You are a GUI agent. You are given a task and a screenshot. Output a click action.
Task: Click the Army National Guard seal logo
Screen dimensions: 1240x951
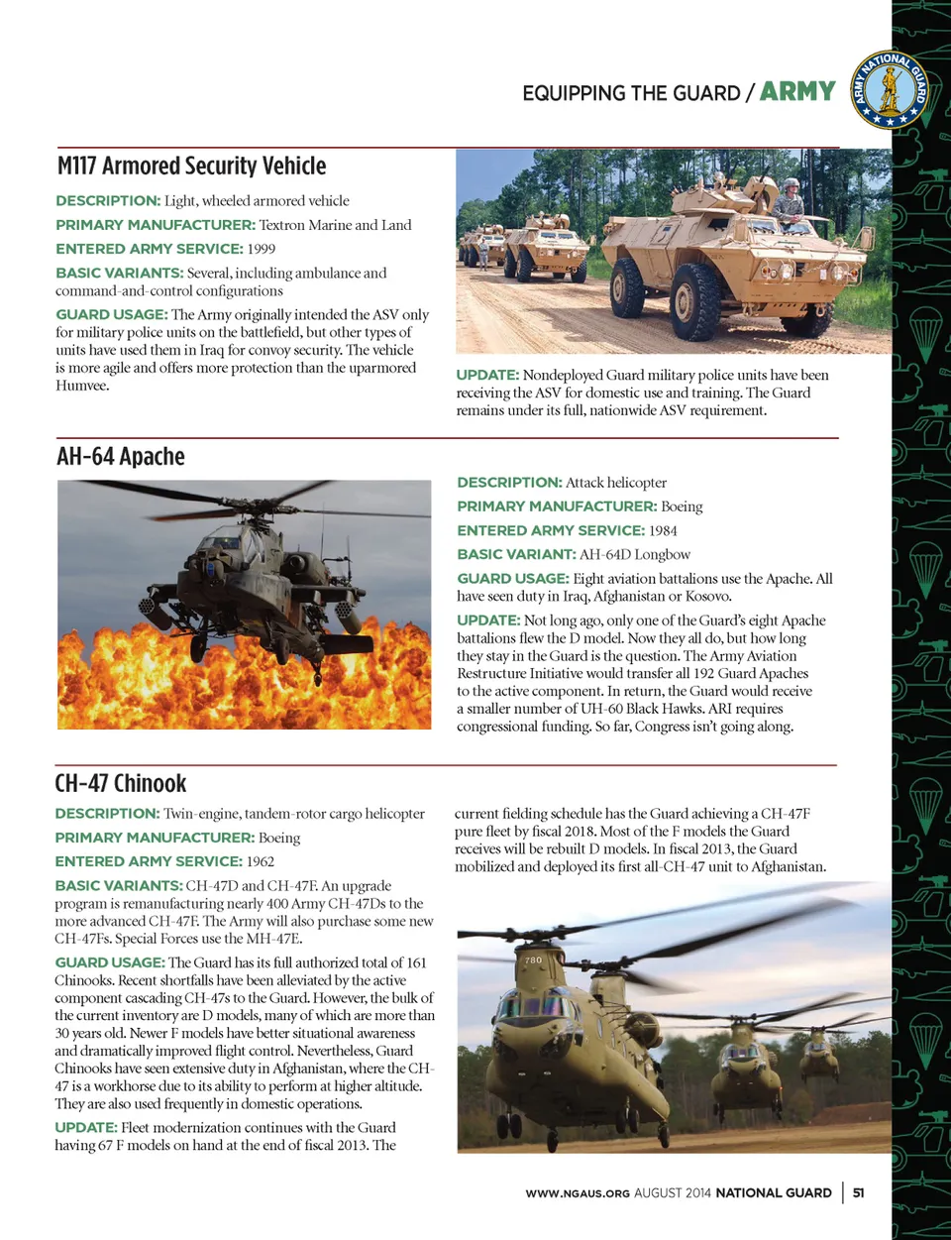pos(890,90)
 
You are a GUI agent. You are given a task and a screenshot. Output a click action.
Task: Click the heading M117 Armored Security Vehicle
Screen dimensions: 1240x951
pos(191,166)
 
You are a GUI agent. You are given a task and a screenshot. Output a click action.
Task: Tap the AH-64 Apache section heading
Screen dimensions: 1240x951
pos(121,456)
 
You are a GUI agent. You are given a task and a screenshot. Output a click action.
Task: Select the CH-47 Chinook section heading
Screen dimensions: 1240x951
pos(120,783)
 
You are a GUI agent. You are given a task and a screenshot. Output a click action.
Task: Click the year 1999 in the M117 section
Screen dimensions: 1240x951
pos(262,249)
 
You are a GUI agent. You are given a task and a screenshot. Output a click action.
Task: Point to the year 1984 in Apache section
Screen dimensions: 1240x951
pos(663,530)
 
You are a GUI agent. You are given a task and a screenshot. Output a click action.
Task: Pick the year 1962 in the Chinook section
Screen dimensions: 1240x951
pos(261,861)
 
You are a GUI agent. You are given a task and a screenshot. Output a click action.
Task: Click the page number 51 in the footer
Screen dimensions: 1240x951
pos(858,1192)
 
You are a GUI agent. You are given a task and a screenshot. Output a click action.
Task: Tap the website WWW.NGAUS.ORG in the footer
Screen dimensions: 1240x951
pos(578,1193)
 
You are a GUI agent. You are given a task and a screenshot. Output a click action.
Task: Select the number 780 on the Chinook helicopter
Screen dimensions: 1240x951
pos(533,959)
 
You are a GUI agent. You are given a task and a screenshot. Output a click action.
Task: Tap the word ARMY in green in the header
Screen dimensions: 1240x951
pos(797,91)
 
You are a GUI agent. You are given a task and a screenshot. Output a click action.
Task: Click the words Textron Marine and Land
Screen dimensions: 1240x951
pos(335,225)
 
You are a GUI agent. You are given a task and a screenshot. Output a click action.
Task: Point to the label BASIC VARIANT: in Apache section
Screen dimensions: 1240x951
pos(516,554)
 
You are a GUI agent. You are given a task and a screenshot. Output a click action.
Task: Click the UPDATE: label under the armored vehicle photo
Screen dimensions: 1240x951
pos(487,375)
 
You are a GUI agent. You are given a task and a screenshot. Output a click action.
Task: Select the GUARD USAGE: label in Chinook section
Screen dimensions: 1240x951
pos(110,962)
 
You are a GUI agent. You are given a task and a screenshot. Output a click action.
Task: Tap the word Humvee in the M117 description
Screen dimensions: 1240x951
pos(82,386)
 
